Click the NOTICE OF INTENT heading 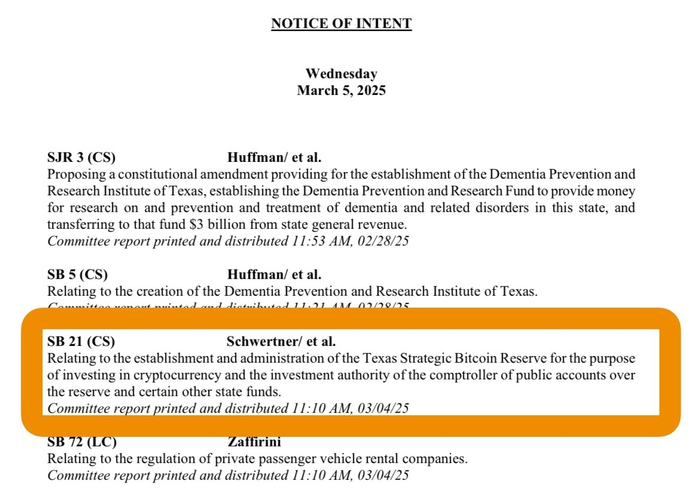(341, 24)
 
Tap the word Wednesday (341, 74)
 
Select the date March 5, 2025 (341, 91)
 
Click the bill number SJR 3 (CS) (81, 158)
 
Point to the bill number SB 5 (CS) (78, 275)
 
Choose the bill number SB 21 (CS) (81, 342)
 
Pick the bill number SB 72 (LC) (82, 443)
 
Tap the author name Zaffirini (254, 443)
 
